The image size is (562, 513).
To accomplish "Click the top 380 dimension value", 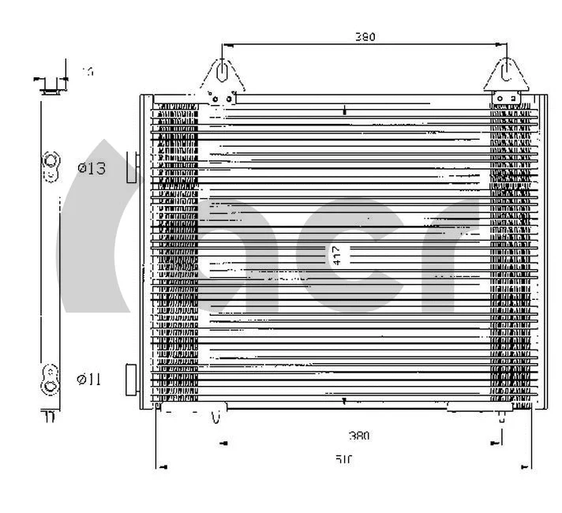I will click(x=365, y=36).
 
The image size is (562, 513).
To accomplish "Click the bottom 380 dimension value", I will click(x=359, y=435).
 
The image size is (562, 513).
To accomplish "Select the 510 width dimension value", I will click(x=344, y=458).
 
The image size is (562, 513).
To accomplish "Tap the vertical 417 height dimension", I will click(x=337, y=254).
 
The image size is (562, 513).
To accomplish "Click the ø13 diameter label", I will click(x=91, y=167).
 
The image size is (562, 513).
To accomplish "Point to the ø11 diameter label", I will click(x=89, y=380).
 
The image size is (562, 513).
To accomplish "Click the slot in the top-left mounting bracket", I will click(x=223, y=72).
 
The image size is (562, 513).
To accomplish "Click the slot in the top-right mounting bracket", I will click(x=507, y=72).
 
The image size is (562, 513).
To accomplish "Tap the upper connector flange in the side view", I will click(x=50, y=163).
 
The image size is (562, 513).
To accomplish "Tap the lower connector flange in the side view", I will click(x=50, y=377).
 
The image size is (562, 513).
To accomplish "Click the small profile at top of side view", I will click(x=51, y=85).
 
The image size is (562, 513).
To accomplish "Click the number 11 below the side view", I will click(x=49, y=417).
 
